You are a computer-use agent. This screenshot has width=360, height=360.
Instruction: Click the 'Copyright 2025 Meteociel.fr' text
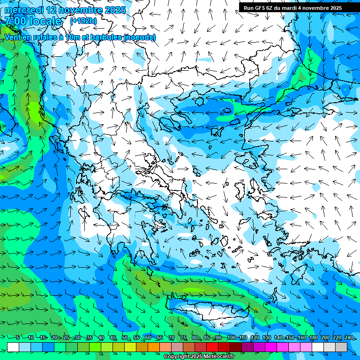click(x=199, y=357)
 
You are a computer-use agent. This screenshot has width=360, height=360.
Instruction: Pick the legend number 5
click(x=17, y=338)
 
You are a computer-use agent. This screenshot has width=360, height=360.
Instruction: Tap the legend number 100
click(x=231, y=338)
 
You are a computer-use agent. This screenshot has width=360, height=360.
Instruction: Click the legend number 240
click(x=349, y=338)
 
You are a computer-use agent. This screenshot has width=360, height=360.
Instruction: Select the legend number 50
click(x=125, y=338)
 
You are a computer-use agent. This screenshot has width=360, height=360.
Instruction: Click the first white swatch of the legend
click(x=13, y=347)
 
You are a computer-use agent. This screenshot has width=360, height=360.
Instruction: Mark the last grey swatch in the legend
click(x=341, y=347)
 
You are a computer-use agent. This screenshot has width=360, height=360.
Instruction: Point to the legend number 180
click(x=313, y=338)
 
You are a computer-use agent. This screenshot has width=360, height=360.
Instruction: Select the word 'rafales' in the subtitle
click(x=50, y=37)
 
